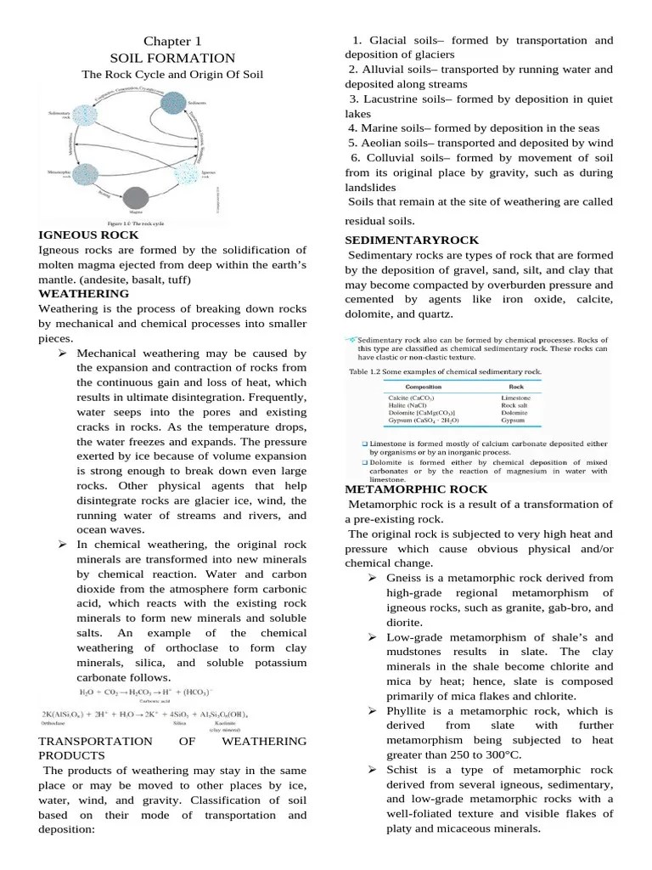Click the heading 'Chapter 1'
point(172,41)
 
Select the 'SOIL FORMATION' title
point(172,58)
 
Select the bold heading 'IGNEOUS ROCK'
point(88,234)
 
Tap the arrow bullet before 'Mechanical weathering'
point(63,353)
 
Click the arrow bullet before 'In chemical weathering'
point(63,545)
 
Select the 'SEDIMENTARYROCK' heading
point(412,240)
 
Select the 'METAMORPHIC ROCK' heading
point(416,489)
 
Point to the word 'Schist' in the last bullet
point(405,770)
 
